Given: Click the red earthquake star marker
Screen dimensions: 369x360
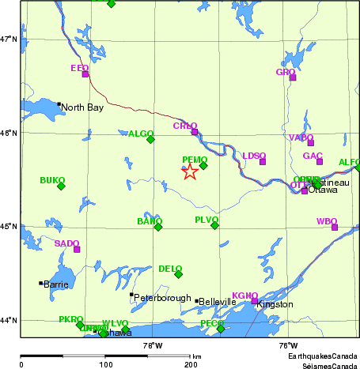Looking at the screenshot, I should coord(190,172).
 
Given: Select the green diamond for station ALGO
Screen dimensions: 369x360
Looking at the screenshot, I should coord(150,140).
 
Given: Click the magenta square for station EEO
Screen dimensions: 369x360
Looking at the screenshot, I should coord(85,74).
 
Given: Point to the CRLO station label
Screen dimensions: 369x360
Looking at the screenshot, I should coord(184,126).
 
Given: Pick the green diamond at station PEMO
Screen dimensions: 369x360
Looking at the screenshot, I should coord(203,165).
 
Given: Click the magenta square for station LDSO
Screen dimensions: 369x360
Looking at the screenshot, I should coord(263,162).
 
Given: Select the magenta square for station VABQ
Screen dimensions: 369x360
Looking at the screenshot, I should coord(311,143).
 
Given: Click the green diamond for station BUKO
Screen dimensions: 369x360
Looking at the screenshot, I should coord(61,186).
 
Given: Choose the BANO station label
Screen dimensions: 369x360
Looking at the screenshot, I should coord(149,220).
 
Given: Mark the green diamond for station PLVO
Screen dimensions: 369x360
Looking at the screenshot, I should coord(214,225).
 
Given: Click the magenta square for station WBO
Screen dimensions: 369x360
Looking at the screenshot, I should coord(335,227).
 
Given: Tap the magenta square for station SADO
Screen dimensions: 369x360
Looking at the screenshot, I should coord(77,250).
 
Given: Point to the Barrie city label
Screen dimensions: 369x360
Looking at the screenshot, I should coord(56,284).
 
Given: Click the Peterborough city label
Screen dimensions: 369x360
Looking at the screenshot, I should coord(153,298).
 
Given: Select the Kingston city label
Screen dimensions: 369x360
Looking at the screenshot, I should coord(275,304).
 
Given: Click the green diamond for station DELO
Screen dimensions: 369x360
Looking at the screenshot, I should coord(178,274).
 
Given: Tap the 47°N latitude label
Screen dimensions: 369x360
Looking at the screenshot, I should coord(9,39).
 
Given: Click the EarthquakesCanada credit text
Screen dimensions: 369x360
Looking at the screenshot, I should coord(322,358).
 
